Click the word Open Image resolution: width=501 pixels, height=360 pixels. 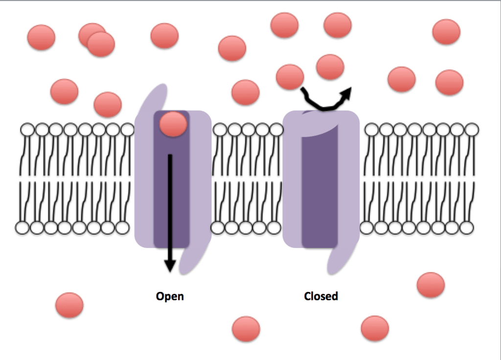point(170,296)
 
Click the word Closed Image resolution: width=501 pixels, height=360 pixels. point(321,296)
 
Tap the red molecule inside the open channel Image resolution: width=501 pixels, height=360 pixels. point(173,124)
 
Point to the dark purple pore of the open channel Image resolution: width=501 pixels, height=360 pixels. point(171,196)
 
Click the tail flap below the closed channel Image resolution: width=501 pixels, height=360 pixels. point(337,259)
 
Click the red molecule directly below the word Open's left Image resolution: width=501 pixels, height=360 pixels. point(69,305)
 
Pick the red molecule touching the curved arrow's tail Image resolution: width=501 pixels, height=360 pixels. point(290,77)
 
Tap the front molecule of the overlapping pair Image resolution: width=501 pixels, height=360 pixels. point(101,44)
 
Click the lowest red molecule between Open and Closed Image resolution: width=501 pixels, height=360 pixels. point(246,329)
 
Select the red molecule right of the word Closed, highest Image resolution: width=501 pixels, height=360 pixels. point(431,285)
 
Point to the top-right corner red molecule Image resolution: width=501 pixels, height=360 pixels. point(446,32)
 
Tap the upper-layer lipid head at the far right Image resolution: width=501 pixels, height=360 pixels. point(472,130)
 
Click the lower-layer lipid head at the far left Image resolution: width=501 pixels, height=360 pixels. point(23,227)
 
